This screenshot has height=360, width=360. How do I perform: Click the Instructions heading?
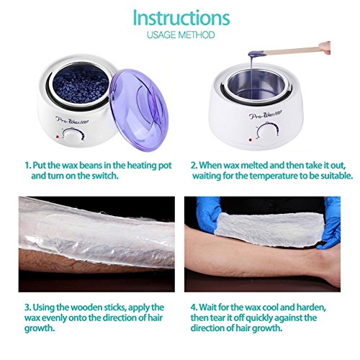click(181, 17)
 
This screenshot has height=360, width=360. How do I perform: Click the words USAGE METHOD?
click(181, 35)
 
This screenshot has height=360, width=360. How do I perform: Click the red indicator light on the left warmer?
click(58, 137)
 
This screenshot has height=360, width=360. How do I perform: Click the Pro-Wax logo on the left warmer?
click(73, 120)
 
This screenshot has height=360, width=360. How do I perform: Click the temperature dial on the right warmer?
click(267, 132)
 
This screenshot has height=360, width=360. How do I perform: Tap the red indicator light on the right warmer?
click(251, 140)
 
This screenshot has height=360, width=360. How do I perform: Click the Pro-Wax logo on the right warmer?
click(265, 114)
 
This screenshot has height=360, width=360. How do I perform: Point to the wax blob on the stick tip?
click(256, 55)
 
